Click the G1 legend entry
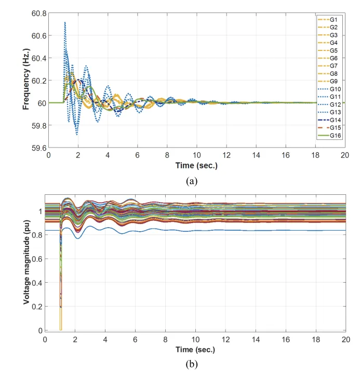coord(332,20)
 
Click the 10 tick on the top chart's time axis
coord(197,155)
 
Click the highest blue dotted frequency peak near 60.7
coord(65,22)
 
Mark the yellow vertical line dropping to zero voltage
coord(61,312)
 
